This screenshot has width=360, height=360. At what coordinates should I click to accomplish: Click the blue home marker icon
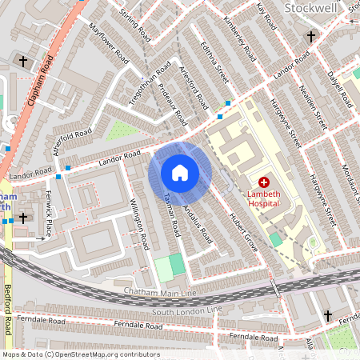tap(180, 172)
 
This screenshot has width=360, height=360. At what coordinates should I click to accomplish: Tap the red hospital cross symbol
tap(264, 183)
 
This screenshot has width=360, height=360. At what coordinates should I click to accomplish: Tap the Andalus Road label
tap(197, 223)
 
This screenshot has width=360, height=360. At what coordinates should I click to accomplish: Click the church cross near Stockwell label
tap(311, 36)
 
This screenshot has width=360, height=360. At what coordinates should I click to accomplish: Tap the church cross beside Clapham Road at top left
tap(23, 61)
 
